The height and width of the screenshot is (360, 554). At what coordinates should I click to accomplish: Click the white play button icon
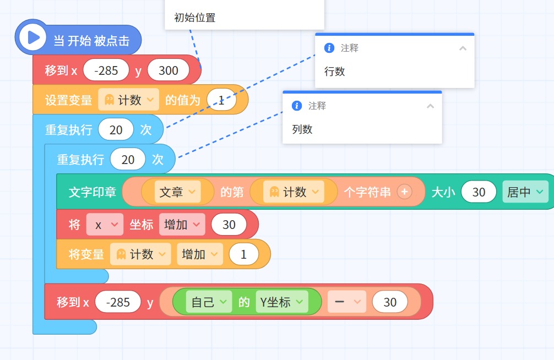pyautogui.click(x=32, y=37)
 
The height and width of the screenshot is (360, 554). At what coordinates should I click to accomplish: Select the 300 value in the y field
pyautogui.click(x=168, y=70)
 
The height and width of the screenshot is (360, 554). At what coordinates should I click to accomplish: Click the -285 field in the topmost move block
pyautogui.click(x=106, y=70)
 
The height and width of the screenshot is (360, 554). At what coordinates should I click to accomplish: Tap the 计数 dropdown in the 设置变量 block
pyautogui.click(x=129, y=100)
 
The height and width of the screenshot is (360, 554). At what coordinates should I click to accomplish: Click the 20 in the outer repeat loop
pyautogui.click(x=116, y=130)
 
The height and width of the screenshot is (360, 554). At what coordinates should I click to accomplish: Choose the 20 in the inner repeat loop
pyautogui.click(x=128, y=160)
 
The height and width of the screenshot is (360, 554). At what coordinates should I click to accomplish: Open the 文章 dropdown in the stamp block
pyautogui.click(x=177, y=192)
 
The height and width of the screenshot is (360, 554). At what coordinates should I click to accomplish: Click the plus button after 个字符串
pyautogui.click(x=405, y=192)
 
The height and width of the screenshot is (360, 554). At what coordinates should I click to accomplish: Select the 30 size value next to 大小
pyautogui.click(x=479, y=192)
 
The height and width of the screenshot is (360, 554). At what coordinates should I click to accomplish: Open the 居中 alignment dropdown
pyautogui.click(x=525, y=192)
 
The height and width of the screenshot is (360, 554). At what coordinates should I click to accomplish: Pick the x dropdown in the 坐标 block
pyautogui.click(x=105, y=225)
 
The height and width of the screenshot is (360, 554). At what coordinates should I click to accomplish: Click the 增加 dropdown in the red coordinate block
pyautogui.click(x=182, y=225)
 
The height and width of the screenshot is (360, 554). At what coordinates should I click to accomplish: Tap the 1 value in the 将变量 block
pyautogui.click(x=243, y=254)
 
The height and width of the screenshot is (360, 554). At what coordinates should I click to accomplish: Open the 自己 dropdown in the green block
pyautogui.click(x=209, y=302)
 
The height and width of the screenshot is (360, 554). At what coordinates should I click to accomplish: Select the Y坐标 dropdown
pyautogui.click(x=281, y=302)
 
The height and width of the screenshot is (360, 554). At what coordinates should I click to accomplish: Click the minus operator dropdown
pyautogui.click(x=346, y=302)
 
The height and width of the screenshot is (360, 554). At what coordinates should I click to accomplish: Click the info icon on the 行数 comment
pyautogui.click(x=329, y=48)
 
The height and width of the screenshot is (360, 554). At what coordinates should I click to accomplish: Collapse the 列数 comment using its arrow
pyautogui.click(x=430, y=106)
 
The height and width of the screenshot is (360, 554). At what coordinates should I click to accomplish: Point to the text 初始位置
pyautogui.click(x=195, y=17)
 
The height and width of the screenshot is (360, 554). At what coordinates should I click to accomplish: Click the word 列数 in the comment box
pyautogui.click(x=302, y=129)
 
